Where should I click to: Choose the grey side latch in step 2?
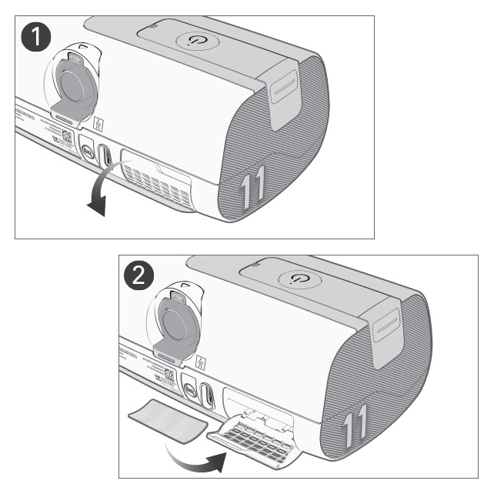pyautogui.click(x=389, y=322)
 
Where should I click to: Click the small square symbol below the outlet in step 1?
pyautogui.click(x=98, y=123)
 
